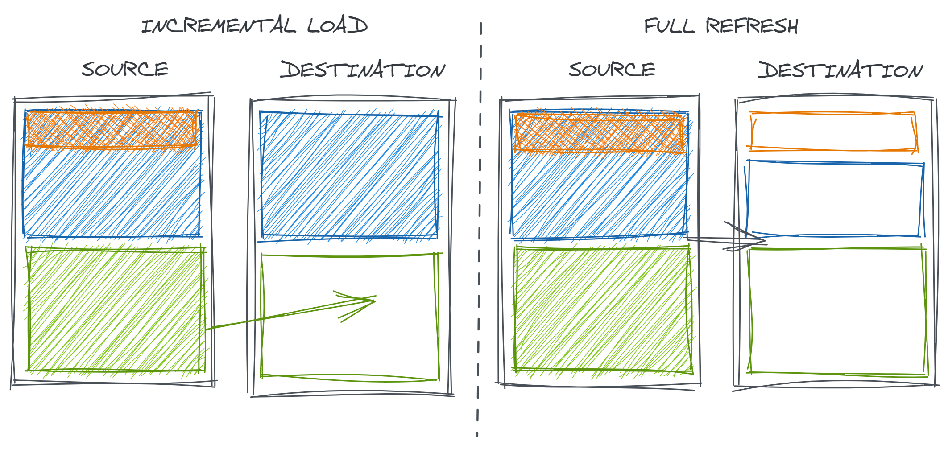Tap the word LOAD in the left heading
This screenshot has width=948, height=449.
pos(338,25)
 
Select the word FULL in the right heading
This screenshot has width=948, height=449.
pos(669,26)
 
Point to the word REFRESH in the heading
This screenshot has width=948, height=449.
pos(752,26)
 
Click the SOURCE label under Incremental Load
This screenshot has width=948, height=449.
pos(125,70)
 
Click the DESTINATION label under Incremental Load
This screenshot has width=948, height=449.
pos(363,70)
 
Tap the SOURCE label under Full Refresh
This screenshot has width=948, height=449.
pos(612,70)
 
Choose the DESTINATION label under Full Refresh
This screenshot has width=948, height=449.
pos(840,70)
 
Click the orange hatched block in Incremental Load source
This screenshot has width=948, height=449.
pos(112,129)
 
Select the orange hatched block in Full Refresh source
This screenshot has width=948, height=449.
pos(599,133)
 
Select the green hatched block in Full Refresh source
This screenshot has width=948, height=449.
pos(604,310)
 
